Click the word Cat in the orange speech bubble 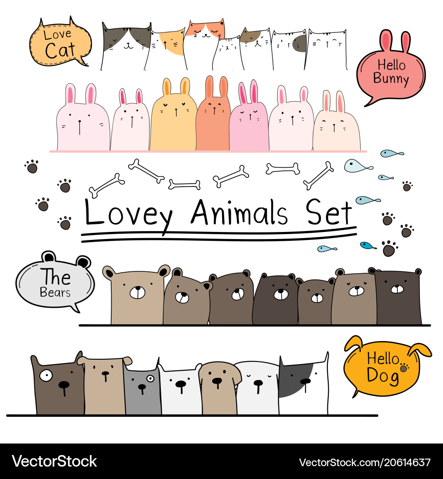click(60, 50)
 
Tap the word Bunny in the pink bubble click(391, 79)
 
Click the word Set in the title click(329, 212)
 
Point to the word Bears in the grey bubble click(55, 292)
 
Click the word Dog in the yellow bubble click(383, 376)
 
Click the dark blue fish click(368, 245)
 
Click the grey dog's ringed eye click(151, 379)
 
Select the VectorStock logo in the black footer click(54, 461)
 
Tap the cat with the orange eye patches click(204, 43)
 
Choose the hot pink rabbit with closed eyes click(249, 119)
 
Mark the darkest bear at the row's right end click(398, 297)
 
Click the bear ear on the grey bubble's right click(83, 262)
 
